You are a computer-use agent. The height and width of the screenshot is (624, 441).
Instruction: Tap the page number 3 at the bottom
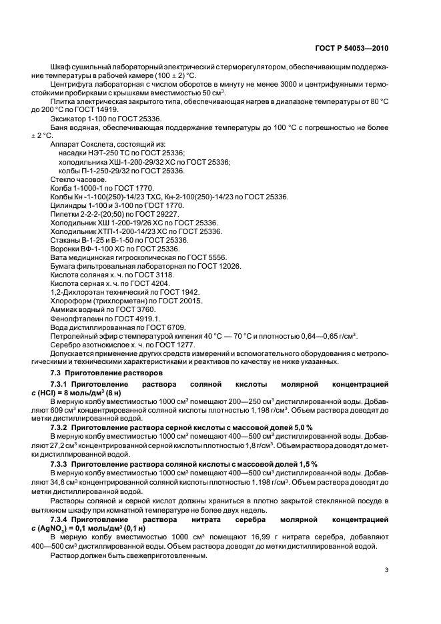[x=386, y=569]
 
